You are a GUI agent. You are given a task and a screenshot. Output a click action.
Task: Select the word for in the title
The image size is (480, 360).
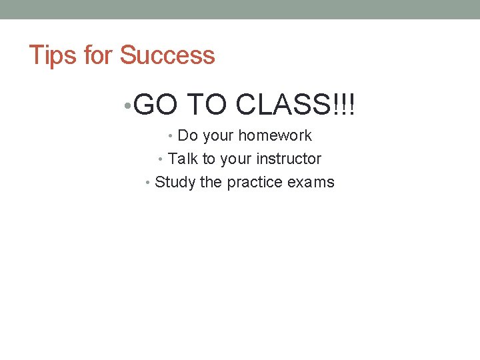[x=99, y=55]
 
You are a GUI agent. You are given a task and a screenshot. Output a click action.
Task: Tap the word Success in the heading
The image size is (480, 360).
[x=167, y=55]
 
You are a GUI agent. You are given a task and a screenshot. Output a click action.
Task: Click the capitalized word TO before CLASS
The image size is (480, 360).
[x=209, y=104]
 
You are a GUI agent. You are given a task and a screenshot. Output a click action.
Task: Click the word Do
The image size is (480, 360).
[x=188, y=136]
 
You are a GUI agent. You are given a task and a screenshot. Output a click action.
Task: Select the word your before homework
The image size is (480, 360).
[x=218, y=136]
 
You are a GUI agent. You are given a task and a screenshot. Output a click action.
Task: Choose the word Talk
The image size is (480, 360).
[x=183, y=159]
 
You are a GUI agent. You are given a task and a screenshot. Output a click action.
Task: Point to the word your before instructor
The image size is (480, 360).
[x=237, y=159]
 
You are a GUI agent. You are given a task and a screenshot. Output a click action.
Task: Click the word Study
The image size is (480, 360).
[x=175, y=183]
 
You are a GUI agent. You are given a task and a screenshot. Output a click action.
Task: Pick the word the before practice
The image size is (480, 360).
[x=211, y=183]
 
